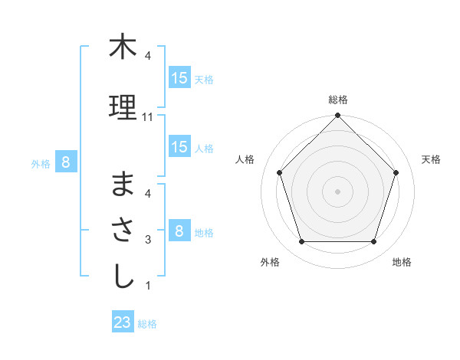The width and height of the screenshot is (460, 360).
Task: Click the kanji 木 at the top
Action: (123, 47)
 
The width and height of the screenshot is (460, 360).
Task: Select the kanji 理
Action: (123, 108)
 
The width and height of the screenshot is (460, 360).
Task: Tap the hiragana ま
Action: (123, 185)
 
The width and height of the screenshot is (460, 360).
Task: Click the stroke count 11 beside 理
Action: (148, 117)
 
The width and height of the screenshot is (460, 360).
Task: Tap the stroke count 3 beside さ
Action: (148, 240)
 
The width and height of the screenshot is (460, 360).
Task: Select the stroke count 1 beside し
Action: (148, 286)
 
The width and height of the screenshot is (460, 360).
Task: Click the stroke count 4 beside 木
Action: (148, 56)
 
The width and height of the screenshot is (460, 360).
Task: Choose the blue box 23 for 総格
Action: (123, 322)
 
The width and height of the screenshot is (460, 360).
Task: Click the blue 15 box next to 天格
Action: (179, 78)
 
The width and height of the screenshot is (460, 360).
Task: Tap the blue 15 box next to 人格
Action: (179, 147)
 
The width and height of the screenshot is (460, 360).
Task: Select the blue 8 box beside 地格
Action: (179, 231)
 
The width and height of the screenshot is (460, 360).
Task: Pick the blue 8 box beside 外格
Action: (66, 162)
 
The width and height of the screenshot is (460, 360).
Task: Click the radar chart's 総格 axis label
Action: (338, 100)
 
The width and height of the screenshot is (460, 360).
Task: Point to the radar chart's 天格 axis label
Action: (432, 159)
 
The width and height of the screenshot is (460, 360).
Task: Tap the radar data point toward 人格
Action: (280, 172)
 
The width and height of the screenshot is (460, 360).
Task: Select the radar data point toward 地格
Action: (373, 242)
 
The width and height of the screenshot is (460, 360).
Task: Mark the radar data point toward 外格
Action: (301, 242)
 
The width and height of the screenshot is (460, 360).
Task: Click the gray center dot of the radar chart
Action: (337, 191)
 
